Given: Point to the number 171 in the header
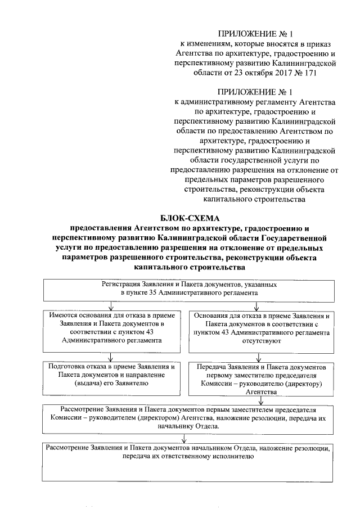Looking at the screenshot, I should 302,73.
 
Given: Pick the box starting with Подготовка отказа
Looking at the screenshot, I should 111,375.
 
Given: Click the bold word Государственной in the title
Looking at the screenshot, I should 281,237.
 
